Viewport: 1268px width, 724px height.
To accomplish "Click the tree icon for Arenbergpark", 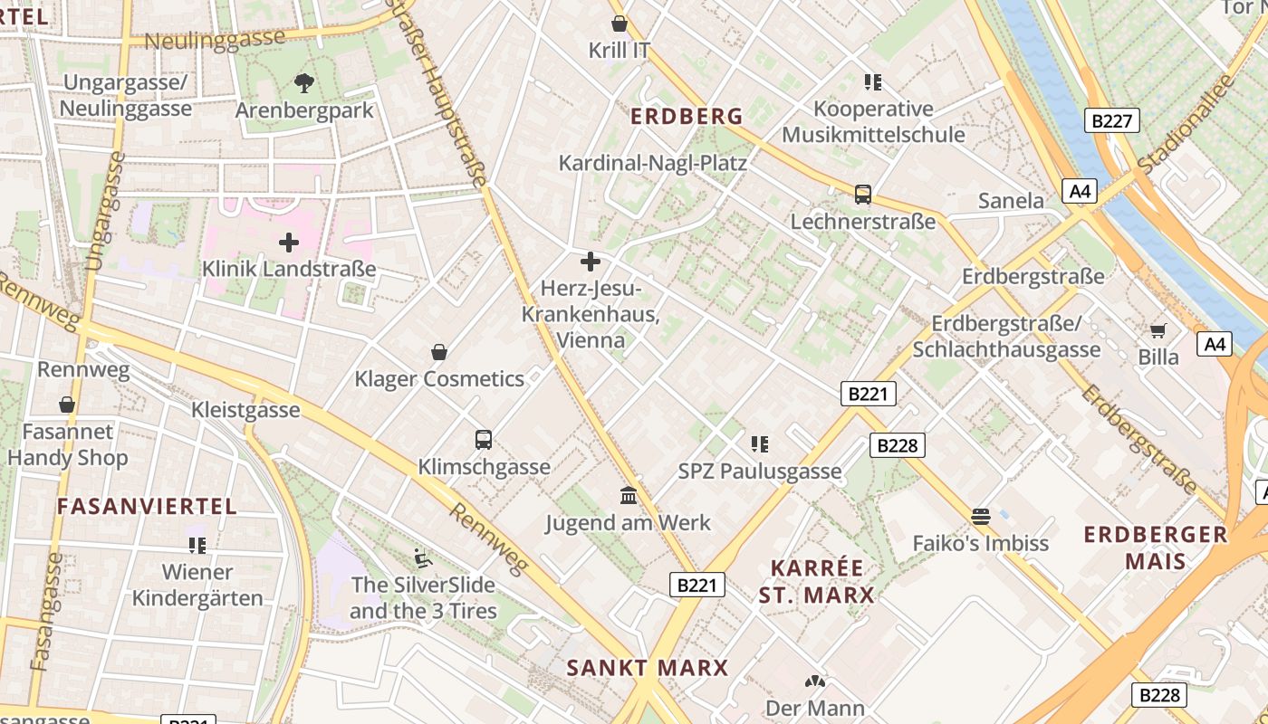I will (304, 83).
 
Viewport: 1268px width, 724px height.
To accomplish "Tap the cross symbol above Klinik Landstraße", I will (289, 243).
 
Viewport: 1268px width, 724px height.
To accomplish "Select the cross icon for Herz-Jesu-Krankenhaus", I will (591, 262).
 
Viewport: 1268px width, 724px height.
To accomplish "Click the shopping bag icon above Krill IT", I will (620, 24).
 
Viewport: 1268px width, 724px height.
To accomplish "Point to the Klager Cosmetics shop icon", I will (439, 352).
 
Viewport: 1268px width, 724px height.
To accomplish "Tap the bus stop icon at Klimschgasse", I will (484, 440).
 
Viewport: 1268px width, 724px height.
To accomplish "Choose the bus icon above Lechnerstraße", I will (863, 195).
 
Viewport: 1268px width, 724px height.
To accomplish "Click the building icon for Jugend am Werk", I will (629, 496).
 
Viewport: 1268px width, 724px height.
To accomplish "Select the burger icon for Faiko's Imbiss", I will (980, 517).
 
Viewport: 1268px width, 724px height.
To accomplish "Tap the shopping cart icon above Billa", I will (1158, 330).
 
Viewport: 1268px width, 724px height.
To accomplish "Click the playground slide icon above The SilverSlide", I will (423, 557).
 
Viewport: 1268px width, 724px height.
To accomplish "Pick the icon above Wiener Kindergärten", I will (197, 546).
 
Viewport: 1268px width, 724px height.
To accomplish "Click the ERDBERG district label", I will (687, 117).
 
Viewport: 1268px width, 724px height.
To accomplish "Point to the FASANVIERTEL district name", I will (147, 507).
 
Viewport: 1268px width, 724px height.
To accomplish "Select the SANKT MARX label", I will (648, 669).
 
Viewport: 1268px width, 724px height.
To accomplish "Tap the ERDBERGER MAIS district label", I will (1156, 548).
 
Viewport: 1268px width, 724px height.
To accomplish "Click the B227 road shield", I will (1111, 120).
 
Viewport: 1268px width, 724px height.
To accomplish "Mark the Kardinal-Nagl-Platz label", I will (652, 163).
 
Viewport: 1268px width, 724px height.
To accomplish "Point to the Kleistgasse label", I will (245, 410).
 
